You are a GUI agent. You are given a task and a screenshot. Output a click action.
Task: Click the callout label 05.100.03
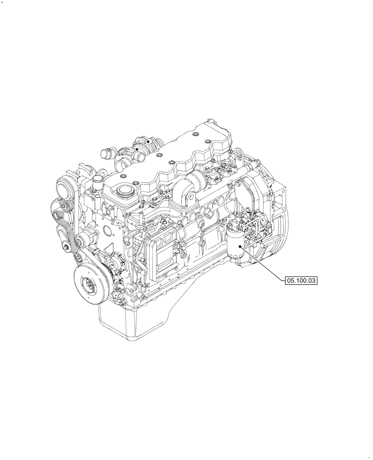coord(302,280)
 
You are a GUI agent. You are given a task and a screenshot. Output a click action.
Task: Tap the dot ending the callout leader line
coord(244,248)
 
